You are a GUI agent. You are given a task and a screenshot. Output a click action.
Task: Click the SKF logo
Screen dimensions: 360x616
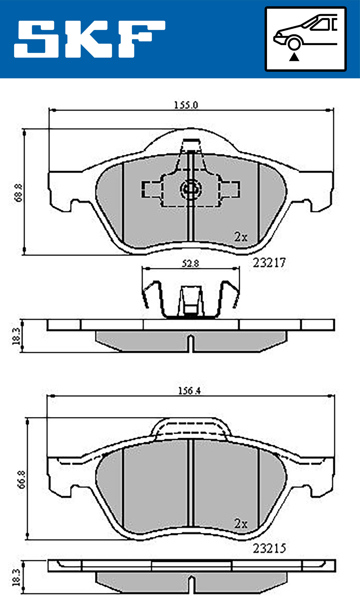89,39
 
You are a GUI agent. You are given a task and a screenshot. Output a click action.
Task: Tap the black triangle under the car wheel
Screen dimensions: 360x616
294,56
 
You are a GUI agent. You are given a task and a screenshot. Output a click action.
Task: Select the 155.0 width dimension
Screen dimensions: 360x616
186,105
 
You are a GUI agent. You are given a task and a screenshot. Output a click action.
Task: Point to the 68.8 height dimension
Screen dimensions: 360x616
19,192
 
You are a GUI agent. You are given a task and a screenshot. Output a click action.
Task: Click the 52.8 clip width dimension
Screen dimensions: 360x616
190,264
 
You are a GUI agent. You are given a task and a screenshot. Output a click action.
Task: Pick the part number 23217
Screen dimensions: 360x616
269,263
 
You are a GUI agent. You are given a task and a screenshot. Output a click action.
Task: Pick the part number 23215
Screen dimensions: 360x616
269,548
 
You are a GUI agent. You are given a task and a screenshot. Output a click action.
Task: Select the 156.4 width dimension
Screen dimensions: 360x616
189,391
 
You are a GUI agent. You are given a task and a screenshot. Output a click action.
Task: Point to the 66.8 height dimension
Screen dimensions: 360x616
22,479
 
